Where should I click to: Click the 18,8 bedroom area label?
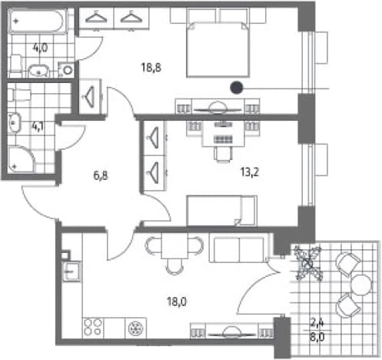(151, 68)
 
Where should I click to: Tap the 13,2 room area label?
(250, 172)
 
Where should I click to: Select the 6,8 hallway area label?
(101, 175)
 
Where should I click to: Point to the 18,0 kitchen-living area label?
(177, 302)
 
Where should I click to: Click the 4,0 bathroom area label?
(41, 48)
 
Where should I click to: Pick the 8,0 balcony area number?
(317, 337)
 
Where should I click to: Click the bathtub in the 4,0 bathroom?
(38, 22)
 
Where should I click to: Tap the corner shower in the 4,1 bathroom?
(21, 159)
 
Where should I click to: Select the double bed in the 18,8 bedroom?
(218, 49)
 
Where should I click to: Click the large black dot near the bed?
(236, 88)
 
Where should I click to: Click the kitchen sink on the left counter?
(71, 272)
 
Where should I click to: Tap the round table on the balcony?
(361, 285)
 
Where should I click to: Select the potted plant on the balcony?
(307, 262)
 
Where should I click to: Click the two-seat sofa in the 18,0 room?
(239, 248)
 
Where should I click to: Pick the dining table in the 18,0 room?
(174, 246)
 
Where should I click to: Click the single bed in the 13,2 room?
(222, 211)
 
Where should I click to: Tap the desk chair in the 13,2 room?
(223, 154)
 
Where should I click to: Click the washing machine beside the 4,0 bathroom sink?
(66, 69)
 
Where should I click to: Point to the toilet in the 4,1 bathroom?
(19, 95)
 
